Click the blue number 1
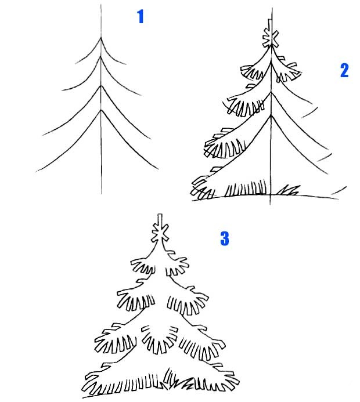pos(141,16)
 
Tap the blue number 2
pos(344,70)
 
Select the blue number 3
pos(225,238)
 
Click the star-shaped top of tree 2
pos(270,38)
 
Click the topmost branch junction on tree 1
pos(101,38)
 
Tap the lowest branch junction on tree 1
pos(101,110)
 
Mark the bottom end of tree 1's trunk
pos(102,194)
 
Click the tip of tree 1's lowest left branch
pos(35,172)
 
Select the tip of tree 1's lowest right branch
pos(159,169)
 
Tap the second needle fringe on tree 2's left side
pos(245,105)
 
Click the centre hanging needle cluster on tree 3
pos(160,339)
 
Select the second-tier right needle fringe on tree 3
pos(188,301)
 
